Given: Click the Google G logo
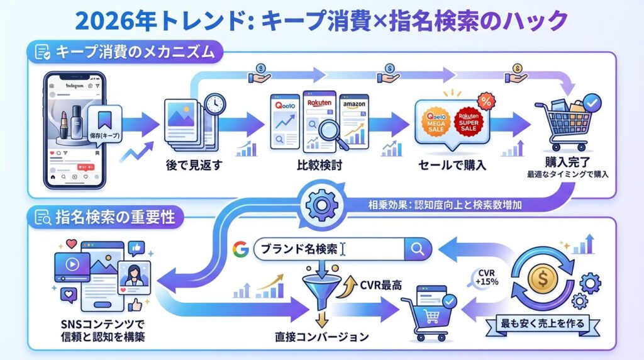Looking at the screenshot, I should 240,249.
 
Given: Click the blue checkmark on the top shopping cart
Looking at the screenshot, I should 592,100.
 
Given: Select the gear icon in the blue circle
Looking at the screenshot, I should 321,203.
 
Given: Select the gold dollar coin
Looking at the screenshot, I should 543,278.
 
